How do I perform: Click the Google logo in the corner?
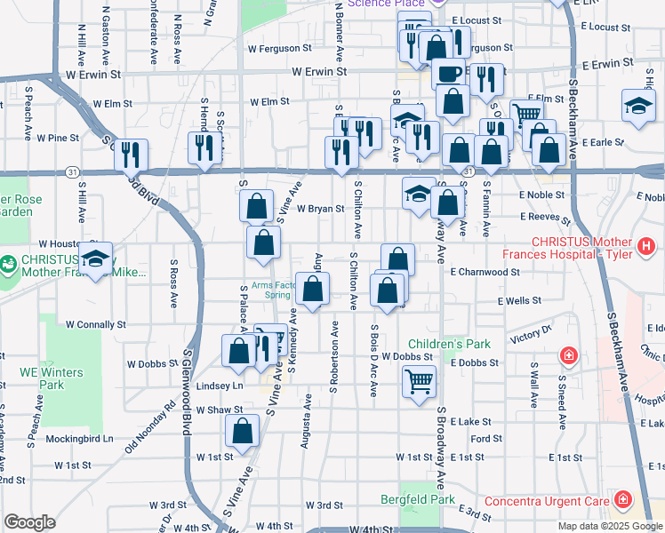[x=29, y=522]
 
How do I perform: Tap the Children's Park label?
[x=450, y=344]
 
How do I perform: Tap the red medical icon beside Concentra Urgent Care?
[x=622, y=501]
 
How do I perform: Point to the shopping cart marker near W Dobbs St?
[x=419, y=382]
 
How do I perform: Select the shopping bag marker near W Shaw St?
[x=242, y=433]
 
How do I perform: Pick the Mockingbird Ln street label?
[x=78, y=439]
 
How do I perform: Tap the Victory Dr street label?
[x=532, y=338]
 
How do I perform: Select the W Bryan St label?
[x=320, y=210]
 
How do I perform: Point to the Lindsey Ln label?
[x=219, y=386]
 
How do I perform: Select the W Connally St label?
[x=95, y=325]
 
